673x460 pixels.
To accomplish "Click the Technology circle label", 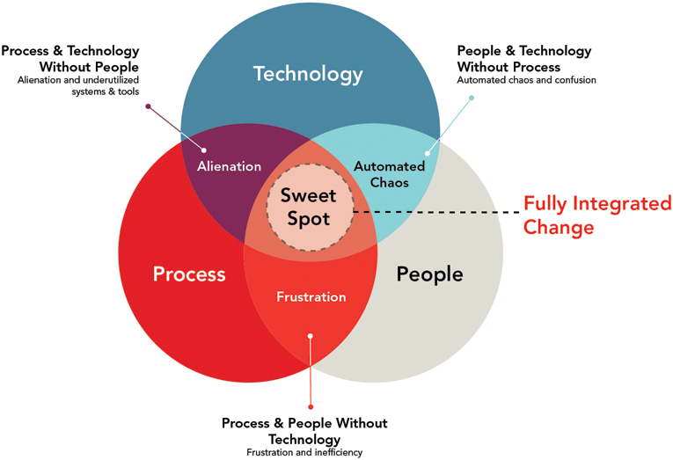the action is [x=308, y=74].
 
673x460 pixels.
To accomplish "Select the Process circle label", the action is [x=189, y=274].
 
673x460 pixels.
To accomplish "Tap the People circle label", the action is [x=429, y=274].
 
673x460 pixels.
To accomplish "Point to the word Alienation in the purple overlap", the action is [x=230, y=166].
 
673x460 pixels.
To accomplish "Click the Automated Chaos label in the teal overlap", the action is [x=390, y=174].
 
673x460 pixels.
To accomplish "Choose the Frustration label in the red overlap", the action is [x=311, y=297].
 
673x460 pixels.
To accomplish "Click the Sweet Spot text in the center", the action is [x=309, y=207].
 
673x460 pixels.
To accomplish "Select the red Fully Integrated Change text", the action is [x=597, y=215].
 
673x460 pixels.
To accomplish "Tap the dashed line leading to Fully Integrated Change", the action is [x=435, y=212].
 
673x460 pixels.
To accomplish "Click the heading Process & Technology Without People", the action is [x=70, y=59].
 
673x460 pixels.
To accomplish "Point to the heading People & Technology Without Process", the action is [x=524, y=59].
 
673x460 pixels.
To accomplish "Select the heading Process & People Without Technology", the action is [x=304, y=431].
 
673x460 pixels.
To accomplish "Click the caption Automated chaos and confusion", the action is [x=526, y=80].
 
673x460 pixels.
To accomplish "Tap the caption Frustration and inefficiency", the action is [x=304, y=452].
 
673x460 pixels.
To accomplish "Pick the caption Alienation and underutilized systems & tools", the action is [x=78, y=86].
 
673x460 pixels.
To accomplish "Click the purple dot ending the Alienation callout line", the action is [x=148, y=106].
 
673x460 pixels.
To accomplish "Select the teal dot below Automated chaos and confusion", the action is [x=472, y=98].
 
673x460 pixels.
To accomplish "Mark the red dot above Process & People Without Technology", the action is [x=311, y=407].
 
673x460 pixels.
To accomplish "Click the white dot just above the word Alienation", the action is [x=204, y=150].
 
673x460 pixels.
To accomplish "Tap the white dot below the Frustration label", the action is [x=311, y=336].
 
